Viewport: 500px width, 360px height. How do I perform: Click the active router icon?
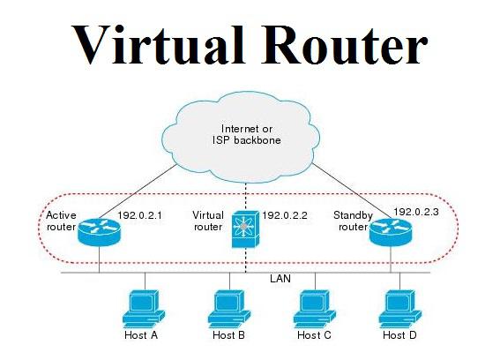(x=99, y=232)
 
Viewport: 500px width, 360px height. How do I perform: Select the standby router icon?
(x=391, y=233)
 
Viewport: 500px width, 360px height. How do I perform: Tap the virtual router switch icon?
(x=245, y=229)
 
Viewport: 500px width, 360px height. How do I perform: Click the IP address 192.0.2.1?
(x=139, y=215)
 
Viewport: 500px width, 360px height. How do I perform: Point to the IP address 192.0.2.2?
(x=285, y=215)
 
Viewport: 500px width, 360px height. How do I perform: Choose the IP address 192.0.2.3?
(x=416, y=212)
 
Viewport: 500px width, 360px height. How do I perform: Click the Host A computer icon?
(x=144, y=309)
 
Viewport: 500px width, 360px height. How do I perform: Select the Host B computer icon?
(x=229, y=309)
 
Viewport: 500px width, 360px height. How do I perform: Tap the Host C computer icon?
(x=315, y=309)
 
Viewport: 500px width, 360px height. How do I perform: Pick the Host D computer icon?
(x=399, y=309)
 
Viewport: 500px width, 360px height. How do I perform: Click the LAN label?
(x=280, y=279)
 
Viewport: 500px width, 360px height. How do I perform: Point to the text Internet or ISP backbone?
(x=247, y=134)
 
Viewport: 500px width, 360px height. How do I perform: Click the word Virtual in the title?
(x=158, y=44)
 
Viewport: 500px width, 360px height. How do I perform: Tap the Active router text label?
(x=61, y=221)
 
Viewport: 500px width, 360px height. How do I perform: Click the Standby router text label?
(x=353, y=221)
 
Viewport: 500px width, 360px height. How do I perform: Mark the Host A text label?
(x=141, y=335)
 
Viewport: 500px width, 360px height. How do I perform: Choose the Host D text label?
(x=399, y=335)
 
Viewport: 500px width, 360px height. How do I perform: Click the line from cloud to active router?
(x=138, y=191)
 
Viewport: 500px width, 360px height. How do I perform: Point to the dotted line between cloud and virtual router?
(x=245, y=197)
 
